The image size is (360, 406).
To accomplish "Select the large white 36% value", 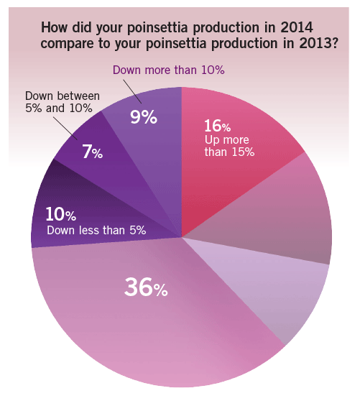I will click(146, 288).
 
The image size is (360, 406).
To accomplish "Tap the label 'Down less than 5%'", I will click(96, 231).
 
